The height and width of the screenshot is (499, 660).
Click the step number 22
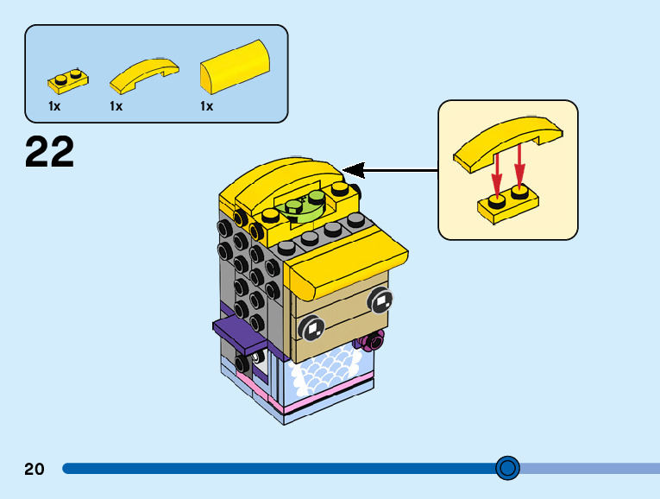click(50, 152)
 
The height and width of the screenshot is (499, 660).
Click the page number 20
click(35, 469)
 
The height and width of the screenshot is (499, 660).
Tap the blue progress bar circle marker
click(508, 468)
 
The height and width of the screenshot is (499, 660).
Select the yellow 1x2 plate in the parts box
click(67, 81)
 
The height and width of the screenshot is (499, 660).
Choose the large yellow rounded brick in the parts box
click(235, 67)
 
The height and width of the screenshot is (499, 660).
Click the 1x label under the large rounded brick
click(207, 106)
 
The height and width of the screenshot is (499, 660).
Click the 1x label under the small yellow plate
click(54, 106)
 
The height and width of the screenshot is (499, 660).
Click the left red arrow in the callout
click(496, 176)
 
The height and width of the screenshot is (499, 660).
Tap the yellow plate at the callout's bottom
click(509, 204)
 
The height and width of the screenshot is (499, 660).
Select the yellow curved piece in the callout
click(508, 141)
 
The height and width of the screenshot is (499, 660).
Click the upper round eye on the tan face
click(380, 300)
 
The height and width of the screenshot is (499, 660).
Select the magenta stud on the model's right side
click(374, 343)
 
